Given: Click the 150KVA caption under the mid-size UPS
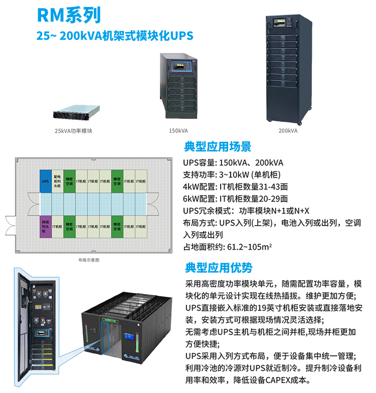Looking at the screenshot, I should coord(179,130).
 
